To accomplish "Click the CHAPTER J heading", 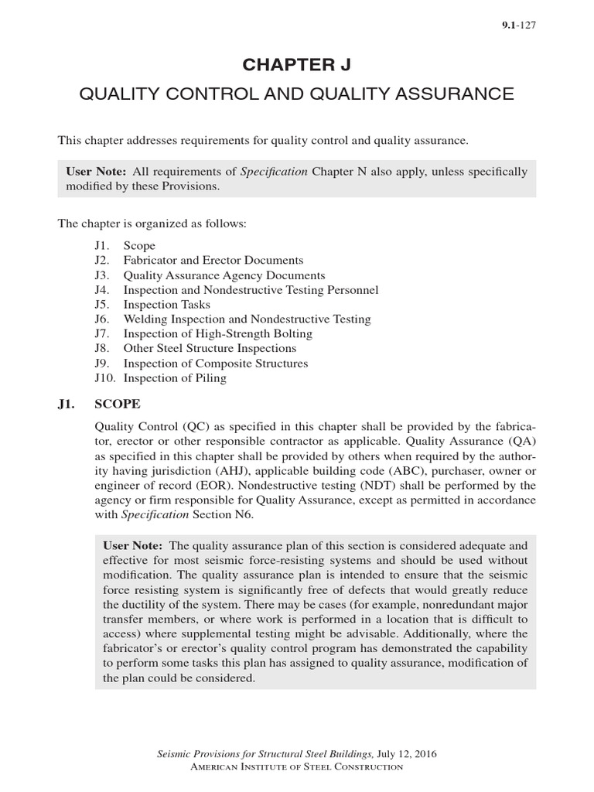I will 297,65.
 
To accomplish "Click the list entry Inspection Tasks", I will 166,304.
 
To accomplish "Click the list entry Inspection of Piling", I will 175,377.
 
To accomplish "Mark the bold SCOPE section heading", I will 118,405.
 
